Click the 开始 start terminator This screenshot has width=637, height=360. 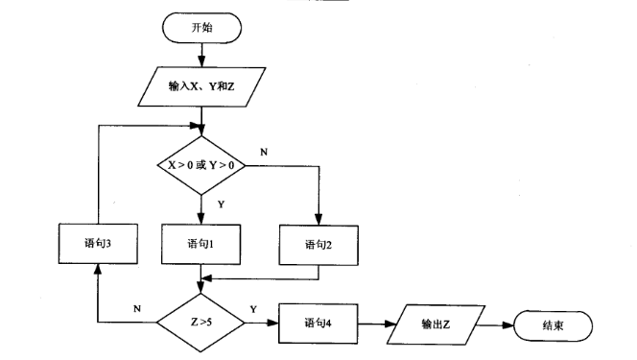point(201,28)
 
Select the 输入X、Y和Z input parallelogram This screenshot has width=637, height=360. point(201,85)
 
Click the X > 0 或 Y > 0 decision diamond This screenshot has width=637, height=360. point(201,165)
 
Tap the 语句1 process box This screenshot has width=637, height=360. point(201,244)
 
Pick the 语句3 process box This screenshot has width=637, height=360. point(96,244)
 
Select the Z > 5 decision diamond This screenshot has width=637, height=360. point(201,324)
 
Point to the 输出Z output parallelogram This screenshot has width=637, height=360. point(436,324)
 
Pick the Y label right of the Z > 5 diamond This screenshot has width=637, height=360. point(252,309)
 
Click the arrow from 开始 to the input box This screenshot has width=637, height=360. point(201,56)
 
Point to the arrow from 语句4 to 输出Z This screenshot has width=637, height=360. point(375,324)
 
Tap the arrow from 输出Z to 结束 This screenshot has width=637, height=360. point(496,324)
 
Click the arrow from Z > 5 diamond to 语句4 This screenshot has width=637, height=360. point(262,324)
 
